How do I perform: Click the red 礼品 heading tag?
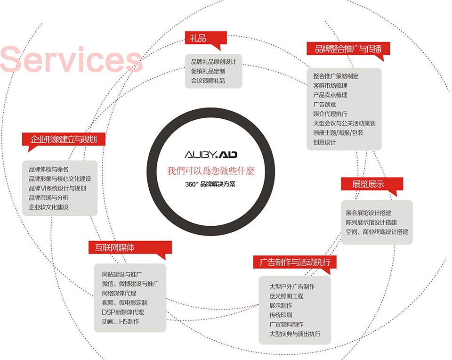point(206,38)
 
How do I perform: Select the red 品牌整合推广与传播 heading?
point(348,49)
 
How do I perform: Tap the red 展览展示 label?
point(372,184)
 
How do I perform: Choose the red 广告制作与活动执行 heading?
point(295,262)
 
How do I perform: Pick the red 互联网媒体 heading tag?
point(130,247)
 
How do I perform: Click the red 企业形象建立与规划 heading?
point(64,139)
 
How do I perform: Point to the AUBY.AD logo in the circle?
point(211,155)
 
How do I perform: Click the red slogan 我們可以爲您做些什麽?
point(211,171)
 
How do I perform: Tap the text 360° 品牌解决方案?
point(210,184)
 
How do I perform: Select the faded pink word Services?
point(71,59)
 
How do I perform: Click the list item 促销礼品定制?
point(208,71)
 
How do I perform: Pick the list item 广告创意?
point(324,105)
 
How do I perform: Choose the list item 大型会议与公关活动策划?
point(344,123)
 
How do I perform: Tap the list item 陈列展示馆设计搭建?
point(371,222)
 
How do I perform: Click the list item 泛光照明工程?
point(286,296)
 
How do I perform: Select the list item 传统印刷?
point(281,315)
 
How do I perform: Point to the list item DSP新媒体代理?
point(123,312)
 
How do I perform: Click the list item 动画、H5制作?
point(121,322)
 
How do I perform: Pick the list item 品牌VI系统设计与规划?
point(57,188)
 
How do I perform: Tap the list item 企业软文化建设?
point(48,207)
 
